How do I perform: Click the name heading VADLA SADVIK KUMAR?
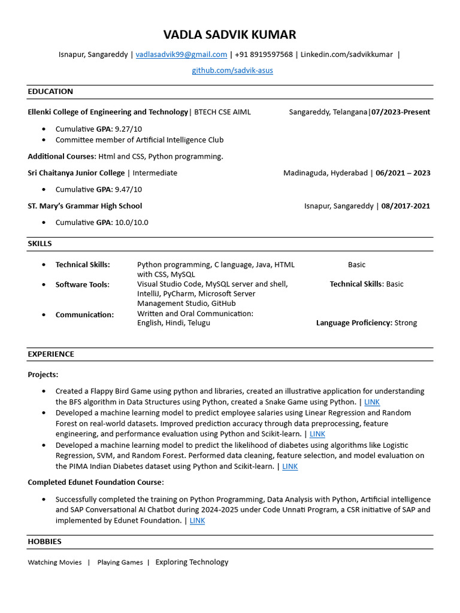[230, 35]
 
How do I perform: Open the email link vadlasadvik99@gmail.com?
[181, 54]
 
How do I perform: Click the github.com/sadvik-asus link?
[232, 71]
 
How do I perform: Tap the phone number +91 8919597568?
[264, 54]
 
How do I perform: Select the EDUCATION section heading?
[50, 92]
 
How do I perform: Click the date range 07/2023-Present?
[401, 112]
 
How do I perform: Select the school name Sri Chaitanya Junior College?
[76, 173]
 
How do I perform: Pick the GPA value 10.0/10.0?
[131, 222]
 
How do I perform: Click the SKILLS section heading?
[40, 244]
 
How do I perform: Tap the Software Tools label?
[83, 284]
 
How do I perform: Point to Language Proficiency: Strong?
[367, 323]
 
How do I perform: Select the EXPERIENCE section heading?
[51, 354]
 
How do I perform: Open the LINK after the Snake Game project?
[372, 402]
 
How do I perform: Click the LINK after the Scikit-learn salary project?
[317, 434]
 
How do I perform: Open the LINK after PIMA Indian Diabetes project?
[290, 466]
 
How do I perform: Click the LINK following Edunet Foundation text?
[197, 521]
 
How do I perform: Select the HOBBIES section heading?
[44, 542]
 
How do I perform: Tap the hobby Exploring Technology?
[192, 562]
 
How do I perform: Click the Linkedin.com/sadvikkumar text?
[346, 54]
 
